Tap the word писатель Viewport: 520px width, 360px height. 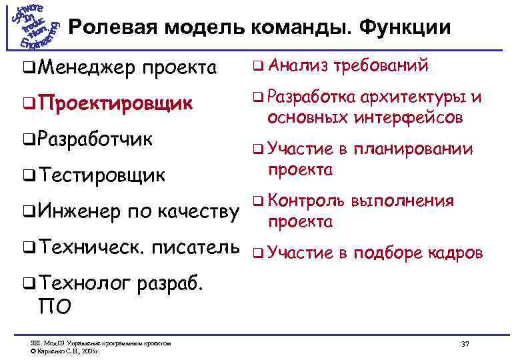coord(196,248)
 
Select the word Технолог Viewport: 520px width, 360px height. coord(83,285)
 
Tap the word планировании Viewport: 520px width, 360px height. coord(413,150)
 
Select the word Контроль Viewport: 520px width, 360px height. coord(307,201)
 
